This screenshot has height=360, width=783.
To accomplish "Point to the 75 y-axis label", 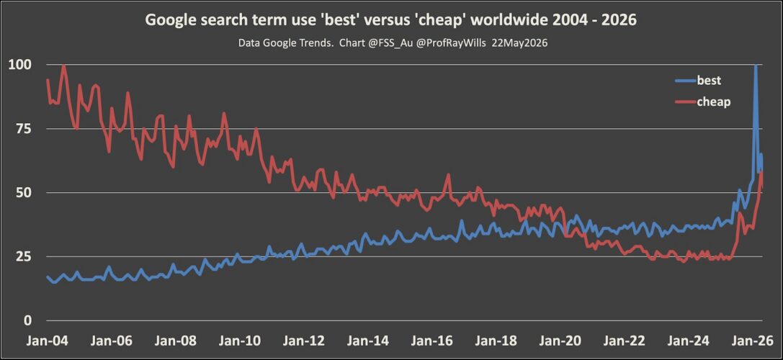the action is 24,129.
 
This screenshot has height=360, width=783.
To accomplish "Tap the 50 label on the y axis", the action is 24,193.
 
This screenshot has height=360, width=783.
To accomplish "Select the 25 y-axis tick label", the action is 24,256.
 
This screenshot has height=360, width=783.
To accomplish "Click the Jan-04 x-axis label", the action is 47,341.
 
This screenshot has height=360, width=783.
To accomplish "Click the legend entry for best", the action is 699,81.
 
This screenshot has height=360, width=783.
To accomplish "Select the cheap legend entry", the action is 703,102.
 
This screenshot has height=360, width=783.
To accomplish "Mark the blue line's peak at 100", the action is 756,65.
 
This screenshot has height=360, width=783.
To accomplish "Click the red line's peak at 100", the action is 63,66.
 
